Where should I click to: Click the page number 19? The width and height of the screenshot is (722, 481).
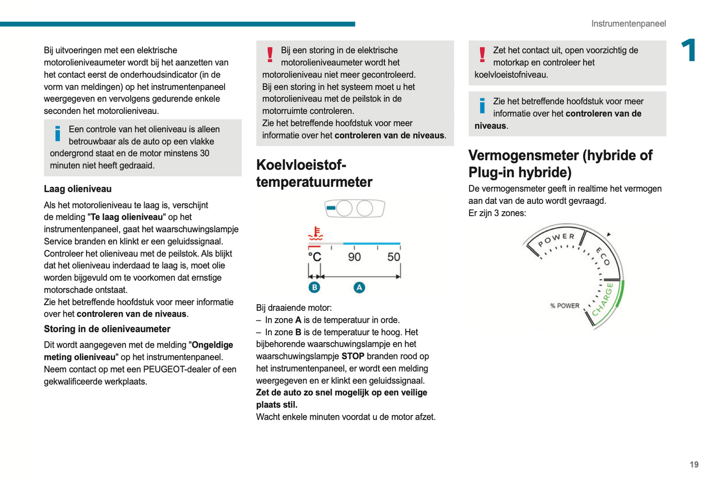pos(694,465)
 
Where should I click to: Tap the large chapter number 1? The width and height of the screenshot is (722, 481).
pos(689,50)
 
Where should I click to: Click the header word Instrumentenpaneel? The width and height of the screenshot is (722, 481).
pos(628,23)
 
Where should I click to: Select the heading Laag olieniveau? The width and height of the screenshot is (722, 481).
pos(77,189)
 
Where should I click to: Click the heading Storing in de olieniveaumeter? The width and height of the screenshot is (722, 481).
pos(107,329)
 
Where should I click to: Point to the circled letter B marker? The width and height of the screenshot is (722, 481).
pos(314,287)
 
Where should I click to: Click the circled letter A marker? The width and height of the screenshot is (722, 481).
pos(359,288)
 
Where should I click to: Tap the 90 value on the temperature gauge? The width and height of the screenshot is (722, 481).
pos(354,257)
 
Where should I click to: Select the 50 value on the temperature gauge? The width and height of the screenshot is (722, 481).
pos(393,257)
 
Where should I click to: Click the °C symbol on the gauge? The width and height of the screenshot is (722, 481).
pos(314,257)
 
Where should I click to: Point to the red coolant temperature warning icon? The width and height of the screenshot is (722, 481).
pos(315,233)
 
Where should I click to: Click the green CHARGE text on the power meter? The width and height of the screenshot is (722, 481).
pos(603,300)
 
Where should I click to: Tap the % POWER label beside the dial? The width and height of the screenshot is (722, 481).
pos(565,306)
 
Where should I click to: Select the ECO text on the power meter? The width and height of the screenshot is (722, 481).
pos(603,256)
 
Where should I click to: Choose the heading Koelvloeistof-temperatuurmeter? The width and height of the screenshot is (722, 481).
pos(314,173)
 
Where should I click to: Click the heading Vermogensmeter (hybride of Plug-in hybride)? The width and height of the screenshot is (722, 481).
pos(560,164)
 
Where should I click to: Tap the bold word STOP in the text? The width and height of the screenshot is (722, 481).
pos(352,356)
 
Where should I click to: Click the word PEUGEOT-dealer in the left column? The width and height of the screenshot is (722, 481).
pos(177,369)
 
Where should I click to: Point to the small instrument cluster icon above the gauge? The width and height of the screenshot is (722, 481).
pos(354,208)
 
